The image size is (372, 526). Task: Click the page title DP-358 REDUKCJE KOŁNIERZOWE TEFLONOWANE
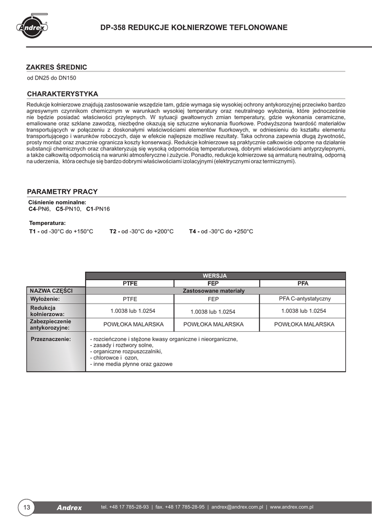pyautogui.click(x=194, y=27)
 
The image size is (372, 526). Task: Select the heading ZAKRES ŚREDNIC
pyautogui.click(x=56, y=67)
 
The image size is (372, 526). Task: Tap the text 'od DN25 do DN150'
pyautogui.click(x=51, y=79)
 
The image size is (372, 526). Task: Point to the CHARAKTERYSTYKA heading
pyautogui.click(x=62, y=94)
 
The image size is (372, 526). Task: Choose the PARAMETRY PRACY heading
pyautogui.click(x=62, y=192)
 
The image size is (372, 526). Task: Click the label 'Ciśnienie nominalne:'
pyautogui.click(x=57, y=203)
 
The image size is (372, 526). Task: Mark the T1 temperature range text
pyautogui.click(x=61, y=231)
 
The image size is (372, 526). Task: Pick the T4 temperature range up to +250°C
pyautogui.click(x=221, y=231)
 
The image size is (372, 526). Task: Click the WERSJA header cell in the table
pyautogui.click(x=214, y=276)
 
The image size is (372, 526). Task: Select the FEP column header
pyautogui.click(x=217, y=284)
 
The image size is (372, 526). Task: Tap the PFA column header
pyautogui.click(x=303, y=284)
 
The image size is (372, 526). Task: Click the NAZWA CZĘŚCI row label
pyautogui.click(x=51, y=291)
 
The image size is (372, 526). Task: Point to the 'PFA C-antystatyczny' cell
pyautogui.click(x=305, y=298)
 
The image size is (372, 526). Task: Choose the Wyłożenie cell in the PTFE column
pyautogui.click(x=130, y=299)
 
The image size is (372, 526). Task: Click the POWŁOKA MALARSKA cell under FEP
pyautogui.click(x=217, y=325)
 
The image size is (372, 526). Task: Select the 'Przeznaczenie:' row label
pyautogui.click(x=51, y=340)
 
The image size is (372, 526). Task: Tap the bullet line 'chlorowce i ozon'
pyautogui.click(x=114, y=358)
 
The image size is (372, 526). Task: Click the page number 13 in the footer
pyautogui.click(x=27, y=508)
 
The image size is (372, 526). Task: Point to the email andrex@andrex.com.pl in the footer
pyautogui.click(x=237, y=507)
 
